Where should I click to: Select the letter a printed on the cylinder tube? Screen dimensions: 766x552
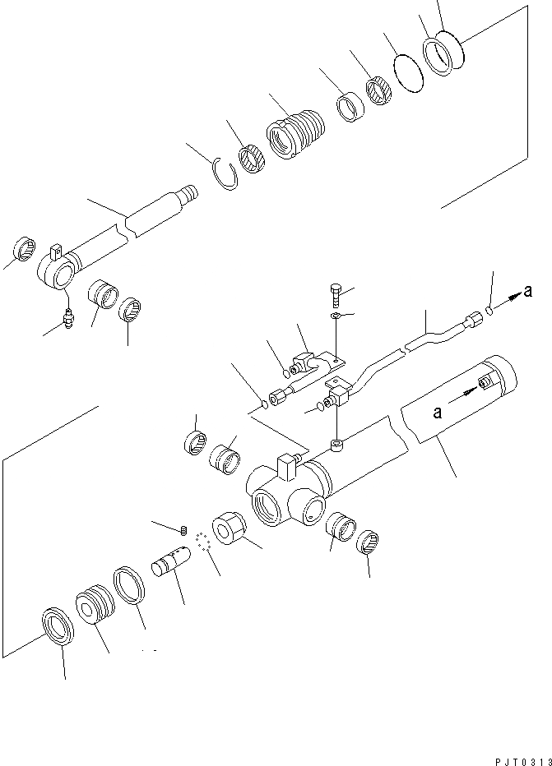(438, 413)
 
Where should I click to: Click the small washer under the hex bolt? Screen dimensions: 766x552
(336, 316)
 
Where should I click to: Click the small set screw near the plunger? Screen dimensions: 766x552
(185, 528)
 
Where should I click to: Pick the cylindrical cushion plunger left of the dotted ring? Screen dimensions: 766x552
(170, 565)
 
